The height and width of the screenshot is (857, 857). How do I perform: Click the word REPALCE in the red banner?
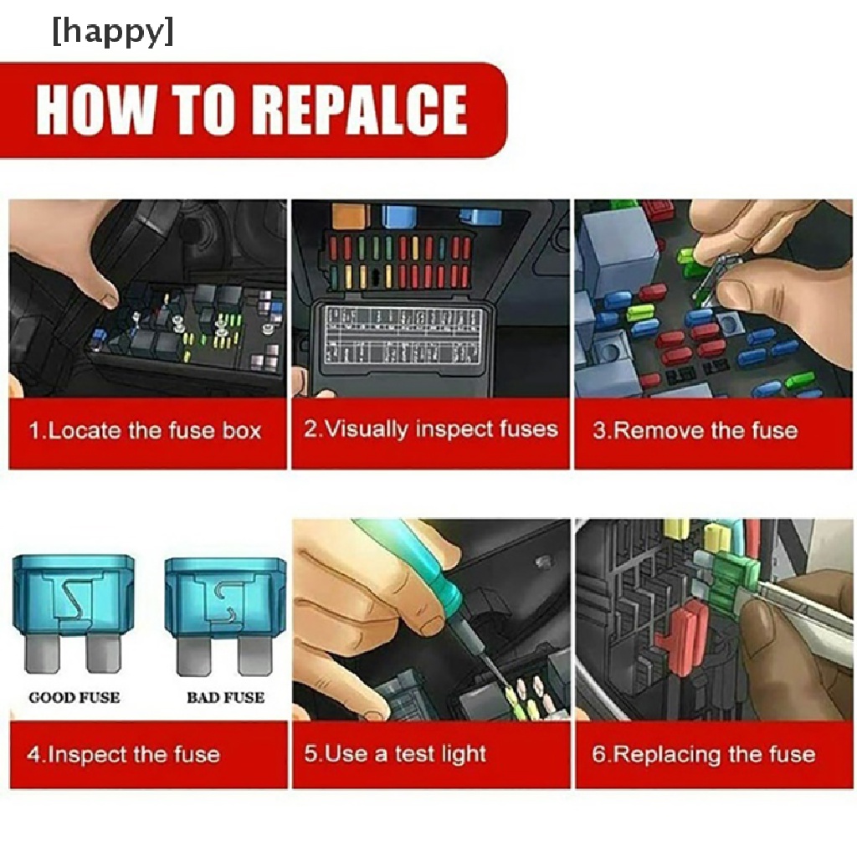[x=362, y=110]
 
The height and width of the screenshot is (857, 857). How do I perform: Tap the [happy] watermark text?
[x=113, y=32]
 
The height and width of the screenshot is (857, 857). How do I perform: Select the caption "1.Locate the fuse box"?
[x=145, y=431]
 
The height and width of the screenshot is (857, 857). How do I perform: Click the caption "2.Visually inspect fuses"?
[x=431, y=429]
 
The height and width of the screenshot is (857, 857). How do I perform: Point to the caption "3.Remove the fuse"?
[x=695, y=431]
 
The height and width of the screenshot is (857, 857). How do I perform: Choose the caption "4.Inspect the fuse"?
[x=124, y=755]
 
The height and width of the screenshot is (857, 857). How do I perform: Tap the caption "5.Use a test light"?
[x=395, y=754]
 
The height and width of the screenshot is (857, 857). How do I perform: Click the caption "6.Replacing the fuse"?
[x=703, y=755]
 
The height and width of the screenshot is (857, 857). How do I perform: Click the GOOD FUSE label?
[x=74, y=697]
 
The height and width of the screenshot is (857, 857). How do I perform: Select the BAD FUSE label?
[x=226, y=697]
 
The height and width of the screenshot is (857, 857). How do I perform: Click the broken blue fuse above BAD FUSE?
[x=225, y=615]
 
